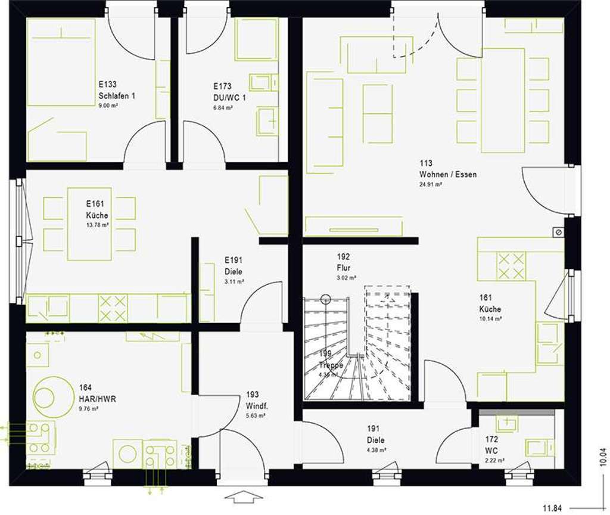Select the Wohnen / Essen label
coord(448,175)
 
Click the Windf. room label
coord(256,407)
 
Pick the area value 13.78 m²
coord(97,225)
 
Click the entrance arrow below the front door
coord(244,496)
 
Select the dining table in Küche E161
coord(89,224)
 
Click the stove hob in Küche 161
coord(511,266)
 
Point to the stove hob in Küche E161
coord(113,308)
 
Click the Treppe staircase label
coord(331,365)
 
